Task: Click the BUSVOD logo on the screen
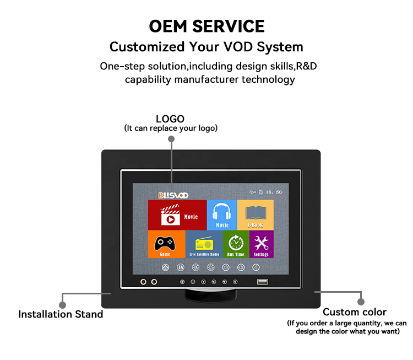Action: coord(173,195)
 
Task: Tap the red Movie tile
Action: coord(177,215)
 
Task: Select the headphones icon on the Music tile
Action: coord(222,212)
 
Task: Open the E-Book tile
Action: coord(255,215)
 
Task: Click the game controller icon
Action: coord(165,244)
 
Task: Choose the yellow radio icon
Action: coord(204,243)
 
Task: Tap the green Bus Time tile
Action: coord(236,244)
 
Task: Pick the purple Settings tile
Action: coord(261,244)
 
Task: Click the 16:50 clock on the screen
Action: coord(274,192)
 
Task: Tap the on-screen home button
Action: coord(165,267)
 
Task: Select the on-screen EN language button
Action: coord(181,267)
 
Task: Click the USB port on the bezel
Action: coord(262,282)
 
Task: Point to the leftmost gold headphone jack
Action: coord(143,282)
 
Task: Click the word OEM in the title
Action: coord(168,26)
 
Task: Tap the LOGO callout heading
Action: coord(170,119)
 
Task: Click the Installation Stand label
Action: coord(61,314)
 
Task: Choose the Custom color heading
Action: coord(355,312)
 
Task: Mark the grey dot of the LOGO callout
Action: coord(171,139)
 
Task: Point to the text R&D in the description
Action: coord(306,66)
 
